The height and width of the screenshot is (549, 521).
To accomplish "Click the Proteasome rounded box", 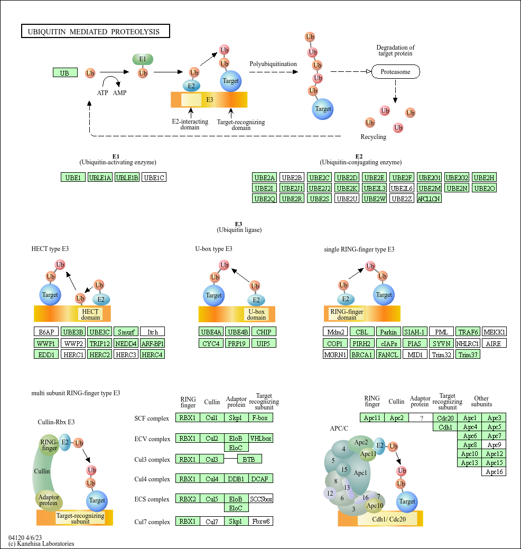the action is [395, 72].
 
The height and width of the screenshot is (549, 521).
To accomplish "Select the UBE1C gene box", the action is [154, 178].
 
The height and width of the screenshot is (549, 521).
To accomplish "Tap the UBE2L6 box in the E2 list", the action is [402, 188].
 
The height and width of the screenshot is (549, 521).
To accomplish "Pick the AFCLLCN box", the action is [429, 199].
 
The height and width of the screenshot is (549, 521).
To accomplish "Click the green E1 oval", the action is [143, 59].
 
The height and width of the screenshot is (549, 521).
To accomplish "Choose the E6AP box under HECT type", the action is [46, 332].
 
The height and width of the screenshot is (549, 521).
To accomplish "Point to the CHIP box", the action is [264, 332].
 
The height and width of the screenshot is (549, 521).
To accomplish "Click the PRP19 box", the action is [237, 343].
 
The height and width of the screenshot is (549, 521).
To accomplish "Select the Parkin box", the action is [388, 332].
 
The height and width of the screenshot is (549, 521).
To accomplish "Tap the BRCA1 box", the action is [362, 355].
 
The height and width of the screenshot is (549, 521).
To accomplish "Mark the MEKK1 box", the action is [494, 332].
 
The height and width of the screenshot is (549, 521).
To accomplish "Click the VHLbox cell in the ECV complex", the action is [260, 438].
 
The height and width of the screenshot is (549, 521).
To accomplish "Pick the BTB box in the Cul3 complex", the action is [249, 459].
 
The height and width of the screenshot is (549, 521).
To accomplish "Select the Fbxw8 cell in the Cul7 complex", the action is [260, 521].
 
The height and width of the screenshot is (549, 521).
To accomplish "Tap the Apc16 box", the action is [494, 472].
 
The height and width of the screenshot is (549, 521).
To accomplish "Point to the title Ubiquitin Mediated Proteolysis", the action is [94, 32].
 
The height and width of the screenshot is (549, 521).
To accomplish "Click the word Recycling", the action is [373, 136].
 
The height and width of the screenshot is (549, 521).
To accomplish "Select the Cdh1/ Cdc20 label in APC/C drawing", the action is [389, 519].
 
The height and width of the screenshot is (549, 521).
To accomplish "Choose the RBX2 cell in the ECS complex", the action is [188, 499].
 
